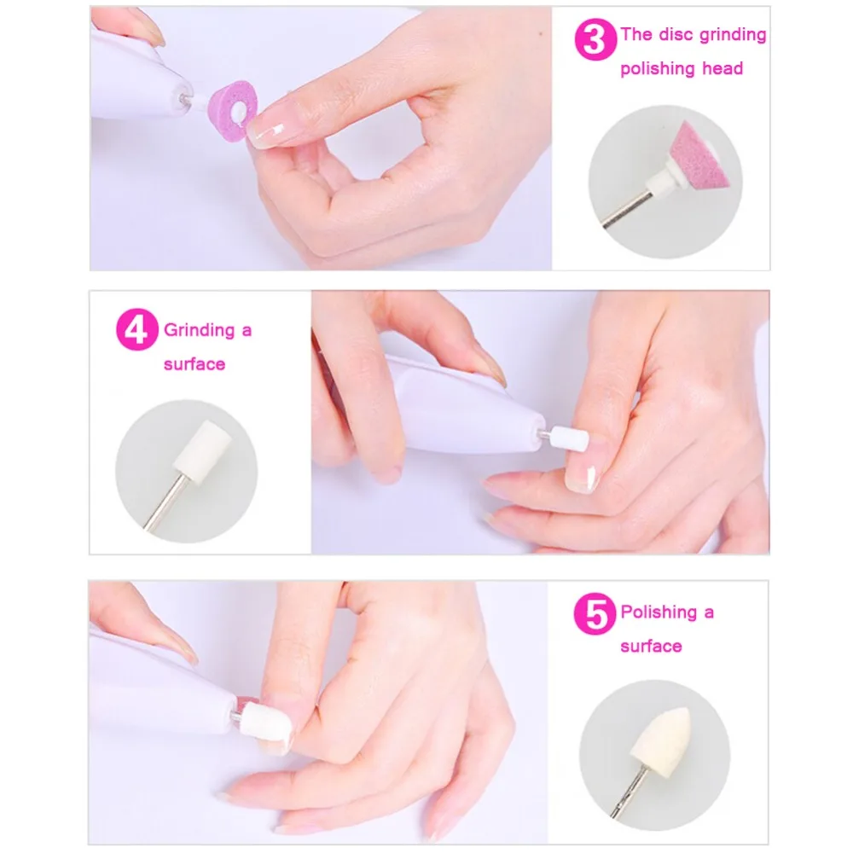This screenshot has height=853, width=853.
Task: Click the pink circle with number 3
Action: [595, 39]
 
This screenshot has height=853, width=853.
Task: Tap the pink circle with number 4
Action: [137, 329]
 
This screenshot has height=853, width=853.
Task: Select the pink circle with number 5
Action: [595, 613]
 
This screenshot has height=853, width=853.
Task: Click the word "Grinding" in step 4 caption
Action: [200, 330]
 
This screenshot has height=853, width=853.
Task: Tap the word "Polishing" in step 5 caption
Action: [659, 612]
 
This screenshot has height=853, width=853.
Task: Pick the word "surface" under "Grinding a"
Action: [194, 364]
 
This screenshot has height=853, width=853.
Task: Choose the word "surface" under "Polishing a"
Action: [651, 647]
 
